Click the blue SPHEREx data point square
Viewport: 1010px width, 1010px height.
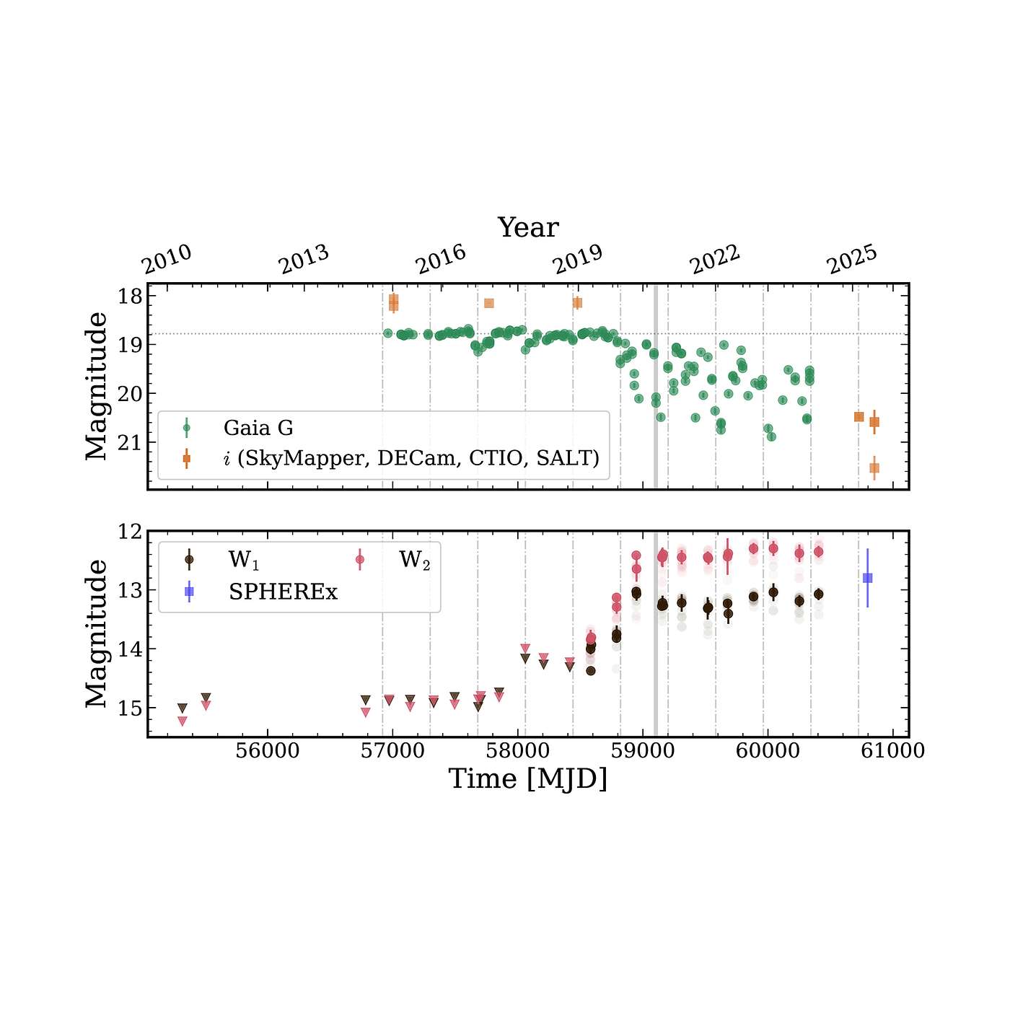867,578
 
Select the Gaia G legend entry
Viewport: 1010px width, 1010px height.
258,428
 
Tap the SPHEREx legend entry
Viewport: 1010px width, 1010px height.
283,592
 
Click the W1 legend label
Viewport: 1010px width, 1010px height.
244,560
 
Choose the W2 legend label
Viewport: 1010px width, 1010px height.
414,560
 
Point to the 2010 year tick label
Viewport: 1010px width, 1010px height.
167,259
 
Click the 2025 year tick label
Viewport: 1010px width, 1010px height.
853,259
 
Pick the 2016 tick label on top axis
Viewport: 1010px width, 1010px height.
442,259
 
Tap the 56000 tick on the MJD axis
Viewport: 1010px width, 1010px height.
268,751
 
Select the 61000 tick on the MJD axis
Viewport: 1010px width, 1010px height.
893,751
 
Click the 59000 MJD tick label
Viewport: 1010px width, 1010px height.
643,751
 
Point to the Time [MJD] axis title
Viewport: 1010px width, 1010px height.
528,779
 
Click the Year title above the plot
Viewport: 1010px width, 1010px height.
528,227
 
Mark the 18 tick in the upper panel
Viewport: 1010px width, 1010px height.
131,296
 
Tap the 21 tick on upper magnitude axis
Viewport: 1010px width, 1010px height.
131,442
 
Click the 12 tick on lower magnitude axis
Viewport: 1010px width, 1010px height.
131,532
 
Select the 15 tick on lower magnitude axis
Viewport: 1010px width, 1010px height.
131,708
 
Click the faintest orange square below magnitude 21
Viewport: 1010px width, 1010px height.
874,468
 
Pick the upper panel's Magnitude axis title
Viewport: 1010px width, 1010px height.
97,386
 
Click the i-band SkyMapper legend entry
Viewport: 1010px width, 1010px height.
411,458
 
